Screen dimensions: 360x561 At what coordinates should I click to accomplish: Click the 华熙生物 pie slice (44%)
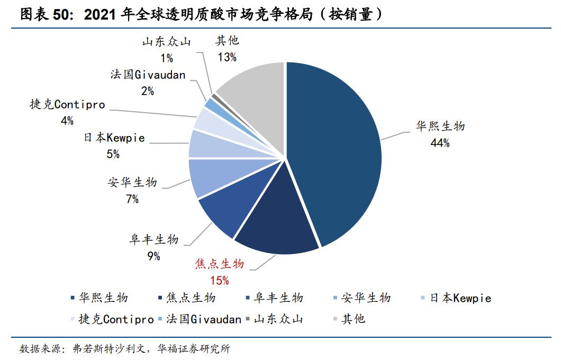(339, 154)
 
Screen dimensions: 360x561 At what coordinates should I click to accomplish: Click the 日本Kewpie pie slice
(204, 144)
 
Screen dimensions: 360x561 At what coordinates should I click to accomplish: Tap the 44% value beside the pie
(440, 142)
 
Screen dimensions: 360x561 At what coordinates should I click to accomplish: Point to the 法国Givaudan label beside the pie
(148, 75)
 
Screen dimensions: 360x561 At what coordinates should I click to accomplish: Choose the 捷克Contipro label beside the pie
(67, 105)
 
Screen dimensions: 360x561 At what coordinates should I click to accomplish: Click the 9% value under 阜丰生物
(153, 256)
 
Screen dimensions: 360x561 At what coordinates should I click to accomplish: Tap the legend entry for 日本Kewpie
(455, 299)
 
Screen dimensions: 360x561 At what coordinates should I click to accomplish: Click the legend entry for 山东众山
(274, 319)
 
